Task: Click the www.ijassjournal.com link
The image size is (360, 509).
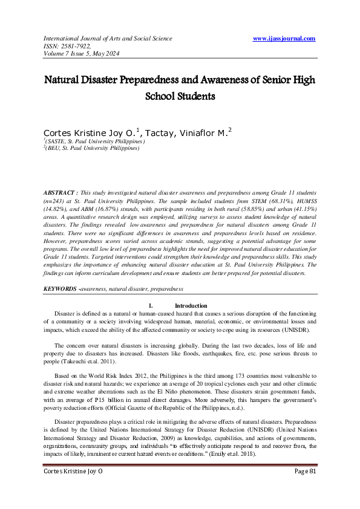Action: (x=284, y=38)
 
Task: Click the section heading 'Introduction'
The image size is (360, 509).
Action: (x=191, y=306)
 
